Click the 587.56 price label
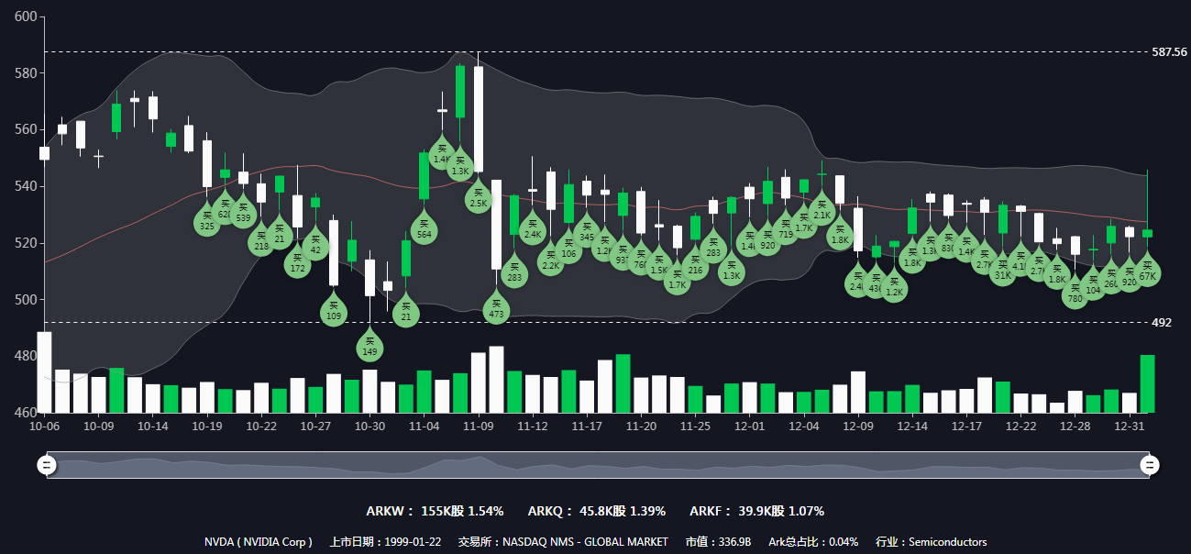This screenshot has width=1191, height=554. pos(1169,52)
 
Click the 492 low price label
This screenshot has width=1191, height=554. pos(1162,323)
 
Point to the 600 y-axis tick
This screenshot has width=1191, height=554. pos(26,17)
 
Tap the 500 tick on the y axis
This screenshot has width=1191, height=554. pos(26,300)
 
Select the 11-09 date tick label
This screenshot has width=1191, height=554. pos(479,427)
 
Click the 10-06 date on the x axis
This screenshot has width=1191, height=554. pos(45,427)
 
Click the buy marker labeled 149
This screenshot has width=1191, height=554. pos(369,348)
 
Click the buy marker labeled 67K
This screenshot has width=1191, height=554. pos(1147,272)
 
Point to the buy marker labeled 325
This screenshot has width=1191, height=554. pos(207,222)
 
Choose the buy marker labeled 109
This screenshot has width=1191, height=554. pos(334,312)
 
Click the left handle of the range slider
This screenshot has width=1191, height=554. pos(47,465)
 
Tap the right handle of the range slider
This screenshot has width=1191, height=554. pos(1149,465)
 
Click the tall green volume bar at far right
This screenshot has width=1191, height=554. pos(1147,384)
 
